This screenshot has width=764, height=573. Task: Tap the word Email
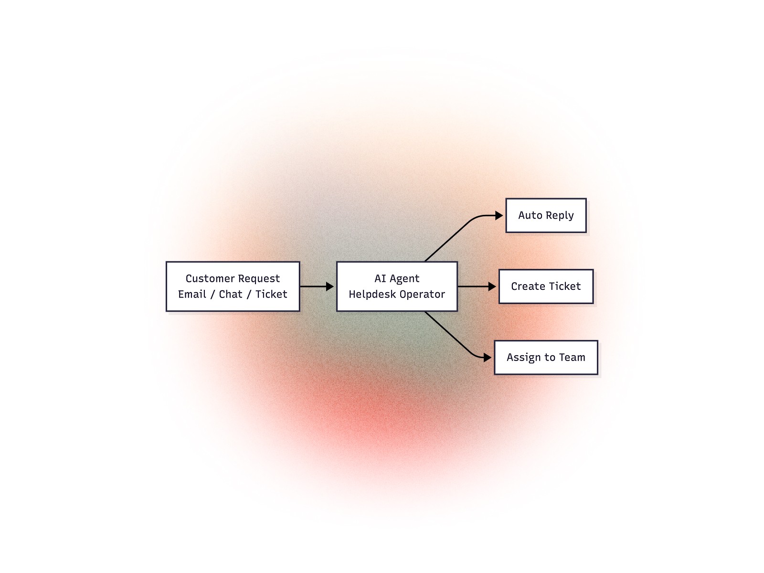(x=192, y=294)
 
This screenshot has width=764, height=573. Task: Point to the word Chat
(x=231, y=294)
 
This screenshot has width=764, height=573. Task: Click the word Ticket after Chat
(x=271, y=294)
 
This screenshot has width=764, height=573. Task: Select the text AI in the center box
(x=380, y=278)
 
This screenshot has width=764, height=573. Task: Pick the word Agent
(x=404, y=279)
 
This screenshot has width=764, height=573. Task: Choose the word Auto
(x=531, y=215)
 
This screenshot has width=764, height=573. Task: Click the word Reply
(x=560, y=216)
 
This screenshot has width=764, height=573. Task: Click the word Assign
(x=523, y=358)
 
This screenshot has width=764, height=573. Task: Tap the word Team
(x=572, y=357)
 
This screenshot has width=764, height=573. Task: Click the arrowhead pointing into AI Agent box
(x=329, y=286)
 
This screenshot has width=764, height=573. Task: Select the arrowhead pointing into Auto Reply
(x=499, y=216)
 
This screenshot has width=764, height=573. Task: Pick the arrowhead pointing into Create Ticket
(x=492, y=286)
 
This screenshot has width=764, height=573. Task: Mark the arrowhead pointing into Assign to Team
(x=488, y=357)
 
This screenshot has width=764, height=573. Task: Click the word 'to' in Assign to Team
(x=550, y=358)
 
